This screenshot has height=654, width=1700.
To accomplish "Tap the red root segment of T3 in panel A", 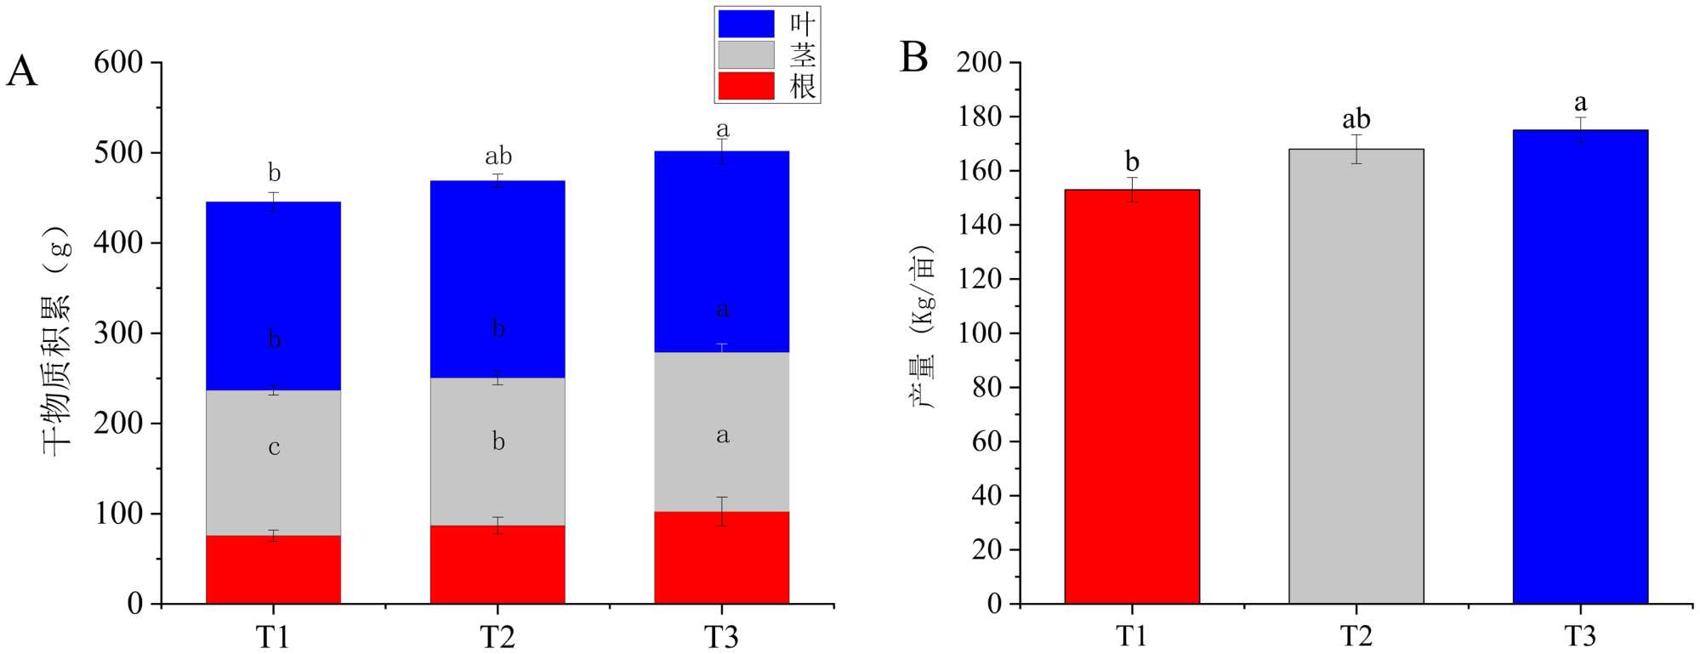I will click(721, 561).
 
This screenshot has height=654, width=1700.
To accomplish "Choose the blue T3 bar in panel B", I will click(1580, 367).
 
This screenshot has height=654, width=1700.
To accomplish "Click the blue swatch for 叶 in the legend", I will click(746, 24).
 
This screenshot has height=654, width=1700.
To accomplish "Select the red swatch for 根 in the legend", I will click(746, 86).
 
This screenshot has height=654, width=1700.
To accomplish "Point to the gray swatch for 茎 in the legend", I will click(746, 55).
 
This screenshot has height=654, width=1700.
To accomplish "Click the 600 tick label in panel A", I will click(118, 62).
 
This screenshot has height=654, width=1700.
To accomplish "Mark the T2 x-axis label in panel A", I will click(497, 636).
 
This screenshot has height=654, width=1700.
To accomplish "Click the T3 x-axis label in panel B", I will click(1580, 636).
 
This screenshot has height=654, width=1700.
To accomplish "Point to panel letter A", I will click(22, 72).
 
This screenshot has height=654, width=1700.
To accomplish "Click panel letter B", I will click(913, 58).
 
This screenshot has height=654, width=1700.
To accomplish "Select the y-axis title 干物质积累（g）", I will click(58, 340).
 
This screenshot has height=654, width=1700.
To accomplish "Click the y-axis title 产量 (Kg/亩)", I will click(924, 327).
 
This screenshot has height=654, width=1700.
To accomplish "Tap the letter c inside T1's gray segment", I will click(274, 447).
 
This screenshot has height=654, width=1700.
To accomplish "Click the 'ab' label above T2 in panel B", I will click(1356, 119).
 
